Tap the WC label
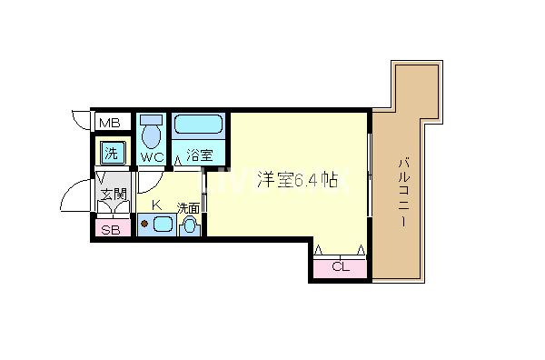151,155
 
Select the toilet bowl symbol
152,132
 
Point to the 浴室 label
199,155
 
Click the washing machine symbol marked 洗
110,152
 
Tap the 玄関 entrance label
113,193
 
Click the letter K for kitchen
155,205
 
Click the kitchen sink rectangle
161,225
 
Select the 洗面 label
189,207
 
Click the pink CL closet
340,266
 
